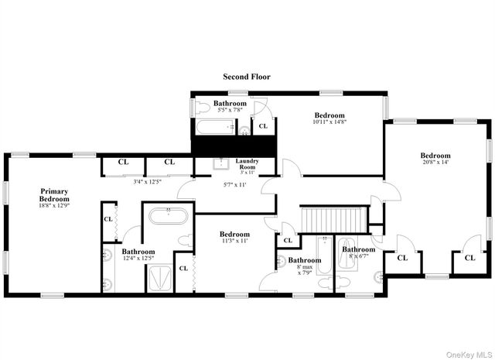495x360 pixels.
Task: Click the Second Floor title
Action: pyautogui.click(x=247, y=77)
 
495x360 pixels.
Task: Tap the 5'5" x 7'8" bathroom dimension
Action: pyautogui.click(x=230, y=111)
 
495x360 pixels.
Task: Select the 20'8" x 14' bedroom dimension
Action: pyautogui.click(x=435, y=163)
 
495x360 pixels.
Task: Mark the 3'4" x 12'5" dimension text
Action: pyautogui.click(x=146, y=182)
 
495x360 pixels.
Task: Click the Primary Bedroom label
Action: pyautogui.click(x=54, y=195)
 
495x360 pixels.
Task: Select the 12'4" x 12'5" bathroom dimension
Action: pyautogui.click(x=138, y=259)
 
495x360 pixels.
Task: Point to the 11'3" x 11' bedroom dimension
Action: pyautogui.click(x=234, y=242)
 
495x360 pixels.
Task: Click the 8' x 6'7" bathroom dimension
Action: pyautogui.click(x=359, y=257)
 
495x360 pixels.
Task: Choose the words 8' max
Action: pyautogui.click(x=305, y=268)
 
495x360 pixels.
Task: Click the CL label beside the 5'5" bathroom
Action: pyautogui.click(x=263, y=125)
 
